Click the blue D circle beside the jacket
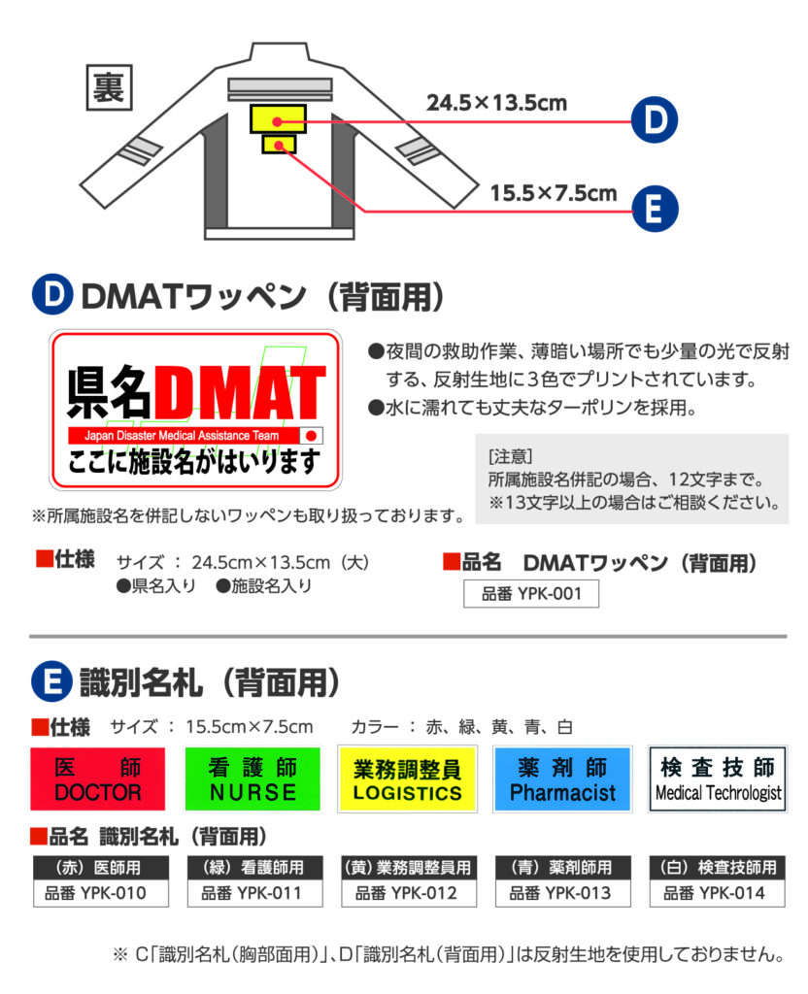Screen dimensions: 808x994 [x=655, y=119]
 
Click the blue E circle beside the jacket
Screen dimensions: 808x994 [x=655, y=210]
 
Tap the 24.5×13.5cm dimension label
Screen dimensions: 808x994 [x=496, y=103]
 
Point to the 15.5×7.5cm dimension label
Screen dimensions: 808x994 [x=553, y=193]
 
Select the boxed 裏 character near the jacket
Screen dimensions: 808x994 [x=109, y=87]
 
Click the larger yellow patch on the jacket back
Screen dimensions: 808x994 [x=278, y=119]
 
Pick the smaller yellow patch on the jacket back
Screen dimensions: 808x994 [x=279, y=145]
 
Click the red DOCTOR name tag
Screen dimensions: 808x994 [x=98, y=779]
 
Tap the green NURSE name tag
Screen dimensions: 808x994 [x=252, y=779]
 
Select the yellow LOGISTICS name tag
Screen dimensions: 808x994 [x=407, y=779]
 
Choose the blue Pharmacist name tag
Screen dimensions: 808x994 [x=562, y=779]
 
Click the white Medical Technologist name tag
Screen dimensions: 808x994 [x=718, y=779]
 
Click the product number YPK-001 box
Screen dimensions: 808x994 [x=531, y=594]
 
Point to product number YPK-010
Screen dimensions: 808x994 [x=101, y=893]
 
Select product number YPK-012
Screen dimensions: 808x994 [x=409, y=893]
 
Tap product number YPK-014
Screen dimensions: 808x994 [x=718, y=893]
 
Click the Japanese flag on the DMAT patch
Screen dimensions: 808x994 [x=312, y=436]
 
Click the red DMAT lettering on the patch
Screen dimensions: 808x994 [x=239, y=392]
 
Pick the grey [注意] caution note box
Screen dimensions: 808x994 [x=631, y=480]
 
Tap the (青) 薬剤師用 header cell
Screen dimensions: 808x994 [x=563, y=867]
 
